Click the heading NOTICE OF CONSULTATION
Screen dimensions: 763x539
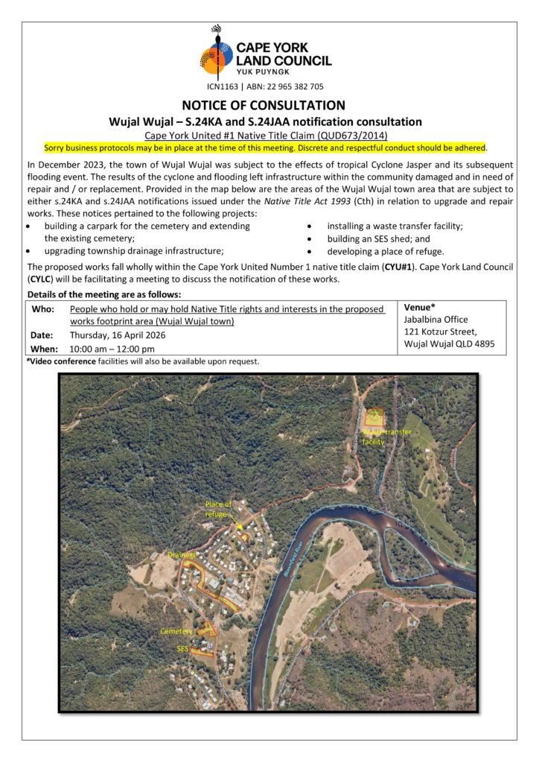pos(269,105)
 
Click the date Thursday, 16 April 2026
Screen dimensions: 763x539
pos(118,335)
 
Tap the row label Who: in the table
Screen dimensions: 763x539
pos(42,308)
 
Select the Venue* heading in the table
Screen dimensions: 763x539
pos(419,307)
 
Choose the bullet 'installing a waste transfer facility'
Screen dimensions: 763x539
pos(395,226)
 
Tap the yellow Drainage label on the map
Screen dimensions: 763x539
pos(182,554)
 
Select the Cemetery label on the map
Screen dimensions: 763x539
pos(176,631)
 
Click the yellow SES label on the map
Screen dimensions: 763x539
pos(182,648)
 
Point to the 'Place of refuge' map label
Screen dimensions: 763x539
pos(218,509)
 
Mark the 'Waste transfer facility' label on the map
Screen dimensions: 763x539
pos(386,437)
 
